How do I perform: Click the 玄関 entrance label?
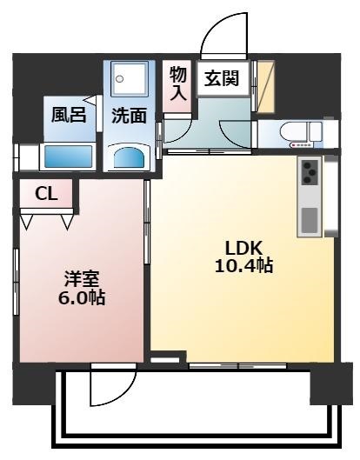[x=222, y=78]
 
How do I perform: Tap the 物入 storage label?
[x=178, y=83]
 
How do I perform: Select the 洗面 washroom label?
[x=129, y=116]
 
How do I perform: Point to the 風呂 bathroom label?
[x=69, y=115]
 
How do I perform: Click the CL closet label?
[x=46, y=194]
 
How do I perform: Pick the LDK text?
[x=243, y=249]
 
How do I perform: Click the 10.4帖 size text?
[x=244, y=266]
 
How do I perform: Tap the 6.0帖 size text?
[x=82, y=298]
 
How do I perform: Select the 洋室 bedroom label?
[x=82, y=279]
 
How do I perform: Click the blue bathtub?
[x=68, y=157]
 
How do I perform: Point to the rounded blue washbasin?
[x=129, y=157]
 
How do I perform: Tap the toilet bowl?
[x=293, y=131]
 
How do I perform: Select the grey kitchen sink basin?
[x=310, y=221]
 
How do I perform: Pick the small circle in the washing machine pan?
[x=119, y=78]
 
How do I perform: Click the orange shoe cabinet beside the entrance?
[x=266, y=87]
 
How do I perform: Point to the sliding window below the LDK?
[x=237, y=366]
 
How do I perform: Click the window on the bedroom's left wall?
[x=17, y=283]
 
